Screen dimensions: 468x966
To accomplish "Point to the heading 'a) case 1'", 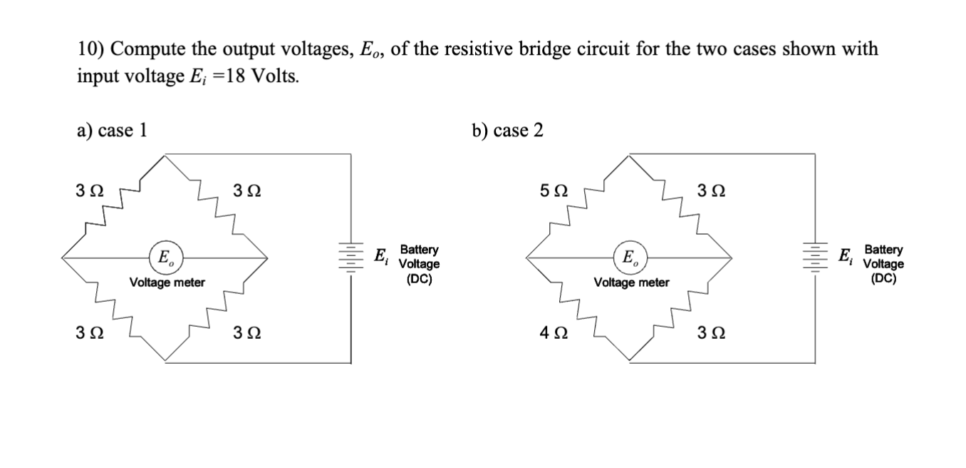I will click(x=113, y=131).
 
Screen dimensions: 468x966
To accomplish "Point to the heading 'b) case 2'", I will click(x=507, y=131).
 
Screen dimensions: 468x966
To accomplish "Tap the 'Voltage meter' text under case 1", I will click(x=167, y=283).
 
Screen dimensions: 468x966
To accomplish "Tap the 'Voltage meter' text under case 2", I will click(x=631, y=283).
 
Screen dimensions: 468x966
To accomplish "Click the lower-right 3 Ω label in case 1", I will click(x=246, y=333).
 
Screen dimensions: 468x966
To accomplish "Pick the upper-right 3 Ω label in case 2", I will click(x=710, y=191).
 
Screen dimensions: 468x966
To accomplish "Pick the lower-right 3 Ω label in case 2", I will click(x=710, y=333).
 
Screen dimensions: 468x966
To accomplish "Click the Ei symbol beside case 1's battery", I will click(x=382, y=256).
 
